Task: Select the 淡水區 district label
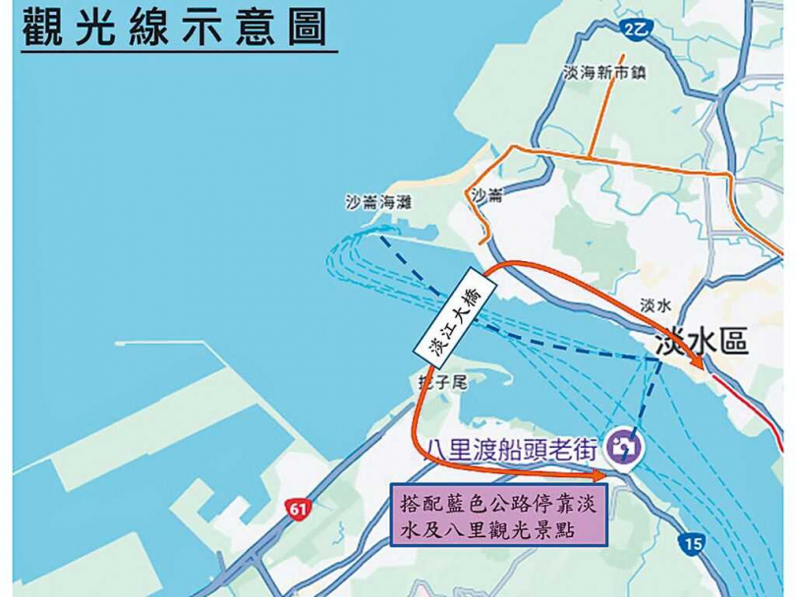(702, 341)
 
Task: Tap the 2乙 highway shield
(636, 31)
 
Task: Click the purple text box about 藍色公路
(497, 516)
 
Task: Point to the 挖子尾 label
(437, 377)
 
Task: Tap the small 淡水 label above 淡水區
(654, 305)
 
